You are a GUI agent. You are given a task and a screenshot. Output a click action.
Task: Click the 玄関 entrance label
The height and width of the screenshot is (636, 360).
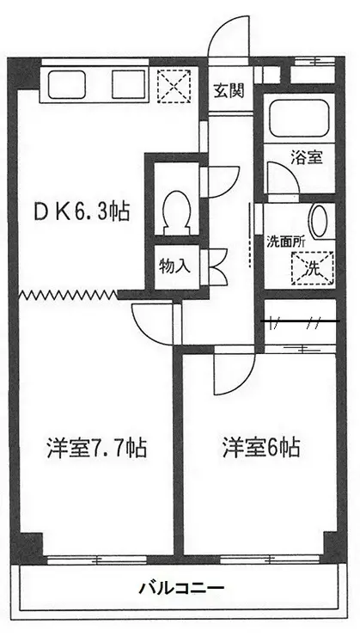click(x=229, y=92)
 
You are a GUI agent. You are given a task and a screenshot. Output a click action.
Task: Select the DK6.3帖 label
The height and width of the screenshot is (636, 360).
click(x=82, y=211)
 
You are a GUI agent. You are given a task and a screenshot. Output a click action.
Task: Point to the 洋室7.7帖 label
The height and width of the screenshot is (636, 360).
click(x=96, y=448)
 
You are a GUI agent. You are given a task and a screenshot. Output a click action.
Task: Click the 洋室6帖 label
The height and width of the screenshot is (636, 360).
click(x=261, y=448)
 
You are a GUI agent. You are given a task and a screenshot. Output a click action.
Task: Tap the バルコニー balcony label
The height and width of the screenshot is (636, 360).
click(x=181, y=587)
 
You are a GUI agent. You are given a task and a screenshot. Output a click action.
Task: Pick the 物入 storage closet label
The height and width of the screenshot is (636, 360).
click(x=174, y=266)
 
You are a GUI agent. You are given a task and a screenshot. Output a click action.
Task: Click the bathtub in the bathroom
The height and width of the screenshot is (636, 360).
click(x=299, y=119)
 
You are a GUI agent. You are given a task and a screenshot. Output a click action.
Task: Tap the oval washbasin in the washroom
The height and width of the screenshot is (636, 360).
click(x=317, y=221)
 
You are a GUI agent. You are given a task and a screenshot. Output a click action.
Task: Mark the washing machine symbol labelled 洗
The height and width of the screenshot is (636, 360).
click(x=313, y=267)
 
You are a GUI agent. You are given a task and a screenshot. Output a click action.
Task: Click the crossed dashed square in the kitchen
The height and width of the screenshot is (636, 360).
click(x=174, y=86)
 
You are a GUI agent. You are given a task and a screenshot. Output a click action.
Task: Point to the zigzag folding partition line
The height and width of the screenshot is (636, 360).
click(x=68, y=295)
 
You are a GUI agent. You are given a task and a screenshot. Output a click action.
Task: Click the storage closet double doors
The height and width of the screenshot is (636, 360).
click(x=217, y=266)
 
